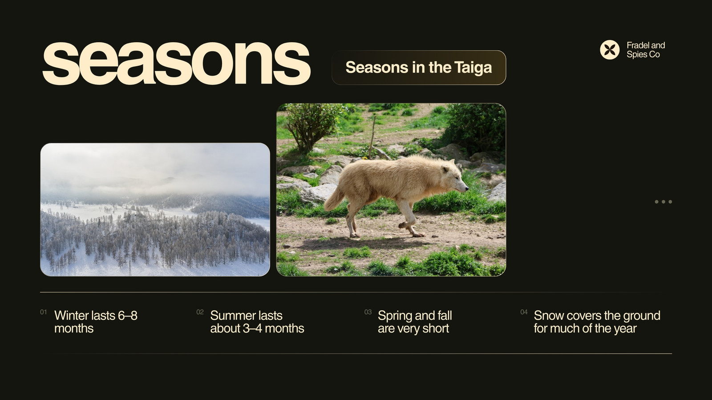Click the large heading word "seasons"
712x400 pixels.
[176, 63]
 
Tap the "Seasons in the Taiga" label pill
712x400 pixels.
[419, 68]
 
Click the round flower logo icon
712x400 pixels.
[609, 50]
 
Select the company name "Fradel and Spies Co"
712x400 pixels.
[646, 50]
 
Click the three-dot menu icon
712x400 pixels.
[663, 202]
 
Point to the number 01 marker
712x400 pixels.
[44, 312]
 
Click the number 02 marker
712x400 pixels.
[200, 312]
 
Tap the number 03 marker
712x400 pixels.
[368, 312]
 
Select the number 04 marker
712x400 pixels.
[524, 312]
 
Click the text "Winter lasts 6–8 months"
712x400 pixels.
[96, 322]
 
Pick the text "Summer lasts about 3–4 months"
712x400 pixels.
[257, 322]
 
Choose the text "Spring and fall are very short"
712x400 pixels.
[415, 322]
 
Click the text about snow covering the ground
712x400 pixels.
[597, 322]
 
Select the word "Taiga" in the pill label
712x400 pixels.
[473, 68]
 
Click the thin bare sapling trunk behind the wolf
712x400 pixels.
[372, 137]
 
